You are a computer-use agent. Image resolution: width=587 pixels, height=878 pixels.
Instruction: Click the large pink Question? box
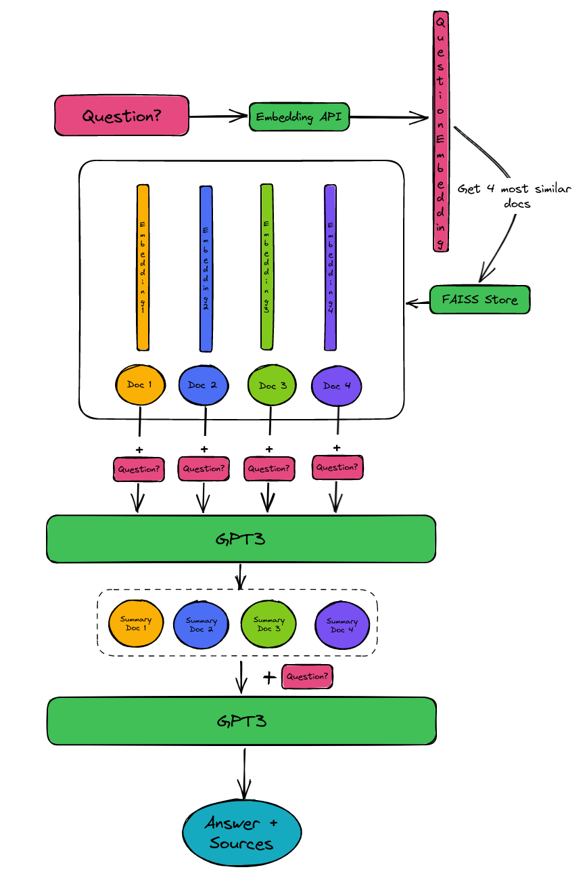coord(122,115)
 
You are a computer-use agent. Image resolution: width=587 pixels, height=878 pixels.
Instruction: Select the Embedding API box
coord(299,117)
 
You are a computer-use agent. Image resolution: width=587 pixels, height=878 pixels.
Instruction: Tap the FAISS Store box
coord(479,299)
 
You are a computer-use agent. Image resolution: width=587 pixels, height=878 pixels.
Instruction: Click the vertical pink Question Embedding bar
coord(441,132)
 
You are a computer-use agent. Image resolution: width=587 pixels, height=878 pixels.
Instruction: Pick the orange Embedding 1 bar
coord(143,267)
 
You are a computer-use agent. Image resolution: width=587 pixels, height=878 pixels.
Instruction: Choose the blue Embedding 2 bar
coord(206,269)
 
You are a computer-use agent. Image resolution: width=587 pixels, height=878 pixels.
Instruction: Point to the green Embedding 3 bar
coord(267,267)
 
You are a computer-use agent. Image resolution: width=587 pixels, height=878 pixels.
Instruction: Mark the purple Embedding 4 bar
coord(331,267)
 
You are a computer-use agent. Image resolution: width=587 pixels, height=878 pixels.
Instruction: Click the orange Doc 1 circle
coord(141,385)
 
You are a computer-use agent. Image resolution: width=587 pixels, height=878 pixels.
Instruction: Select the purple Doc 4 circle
coord(337,386)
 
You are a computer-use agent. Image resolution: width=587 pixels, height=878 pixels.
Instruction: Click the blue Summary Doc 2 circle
coord(202,624)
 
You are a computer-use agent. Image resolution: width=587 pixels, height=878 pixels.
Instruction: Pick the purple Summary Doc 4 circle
coord(342,625)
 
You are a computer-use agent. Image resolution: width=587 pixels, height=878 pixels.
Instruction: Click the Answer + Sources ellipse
coord(242,833)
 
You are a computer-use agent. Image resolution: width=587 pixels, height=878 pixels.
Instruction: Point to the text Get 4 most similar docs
coord(514,196)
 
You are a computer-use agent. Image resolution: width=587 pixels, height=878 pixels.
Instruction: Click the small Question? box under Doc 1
coord(140,468)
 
